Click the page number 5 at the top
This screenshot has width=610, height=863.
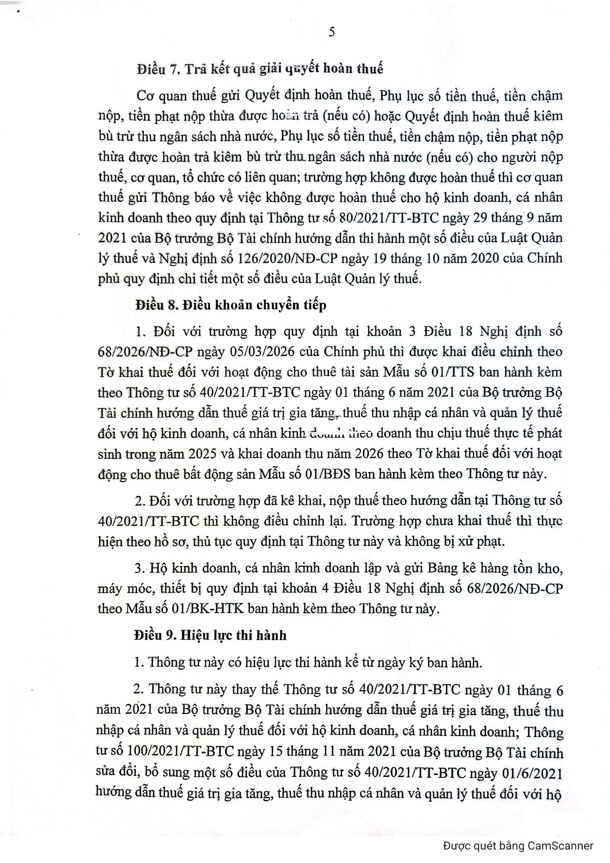(332, 32)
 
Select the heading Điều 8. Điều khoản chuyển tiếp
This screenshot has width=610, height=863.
(231, 305)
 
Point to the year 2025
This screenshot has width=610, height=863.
(202, 454)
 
